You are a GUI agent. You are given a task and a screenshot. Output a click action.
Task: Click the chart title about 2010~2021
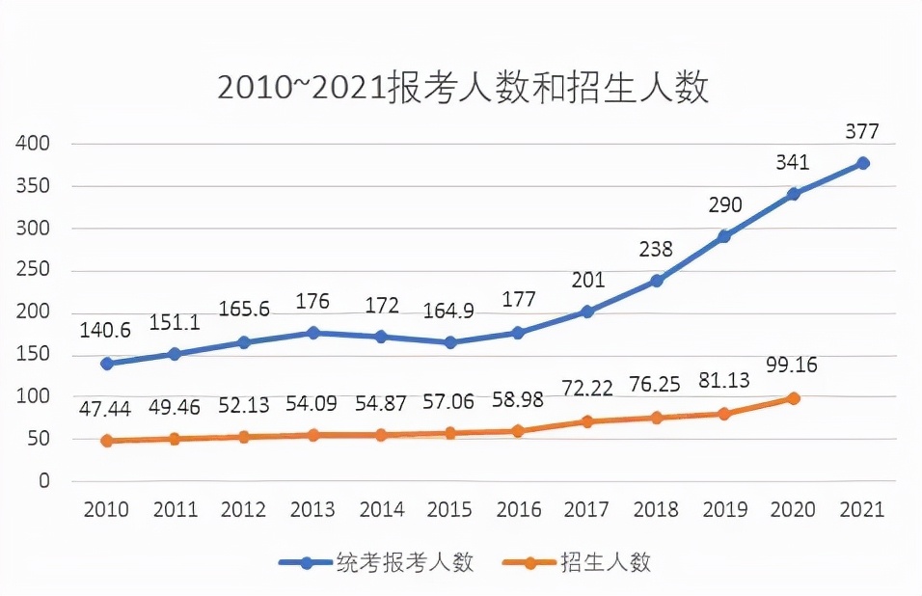point(463,88)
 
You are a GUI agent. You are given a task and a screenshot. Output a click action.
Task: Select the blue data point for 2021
point(863,163)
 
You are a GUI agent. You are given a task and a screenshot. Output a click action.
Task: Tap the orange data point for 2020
point(794,398)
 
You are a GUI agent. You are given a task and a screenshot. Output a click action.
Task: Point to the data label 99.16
point(794,366)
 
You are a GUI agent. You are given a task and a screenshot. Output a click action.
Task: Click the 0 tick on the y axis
point(43,481)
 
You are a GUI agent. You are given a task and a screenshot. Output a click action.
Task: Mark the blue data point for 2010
point(106,364)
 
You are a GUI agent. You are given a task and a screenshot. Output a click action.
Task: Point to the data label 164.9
point(450,312)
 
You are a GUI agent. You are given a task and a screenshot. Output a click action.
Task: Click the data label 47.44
point(106,409)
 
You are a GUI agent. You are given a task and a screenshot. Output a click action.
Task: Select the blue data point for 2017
point(587,312)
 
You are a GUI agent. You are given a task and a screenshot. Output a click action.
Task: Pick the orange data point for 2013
point(312,435)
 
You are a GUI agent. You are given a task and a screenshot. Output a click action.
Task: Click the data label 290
point(725,205)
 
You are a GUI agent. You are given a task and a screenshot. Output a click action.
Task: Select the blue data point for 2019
point(725,236)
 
